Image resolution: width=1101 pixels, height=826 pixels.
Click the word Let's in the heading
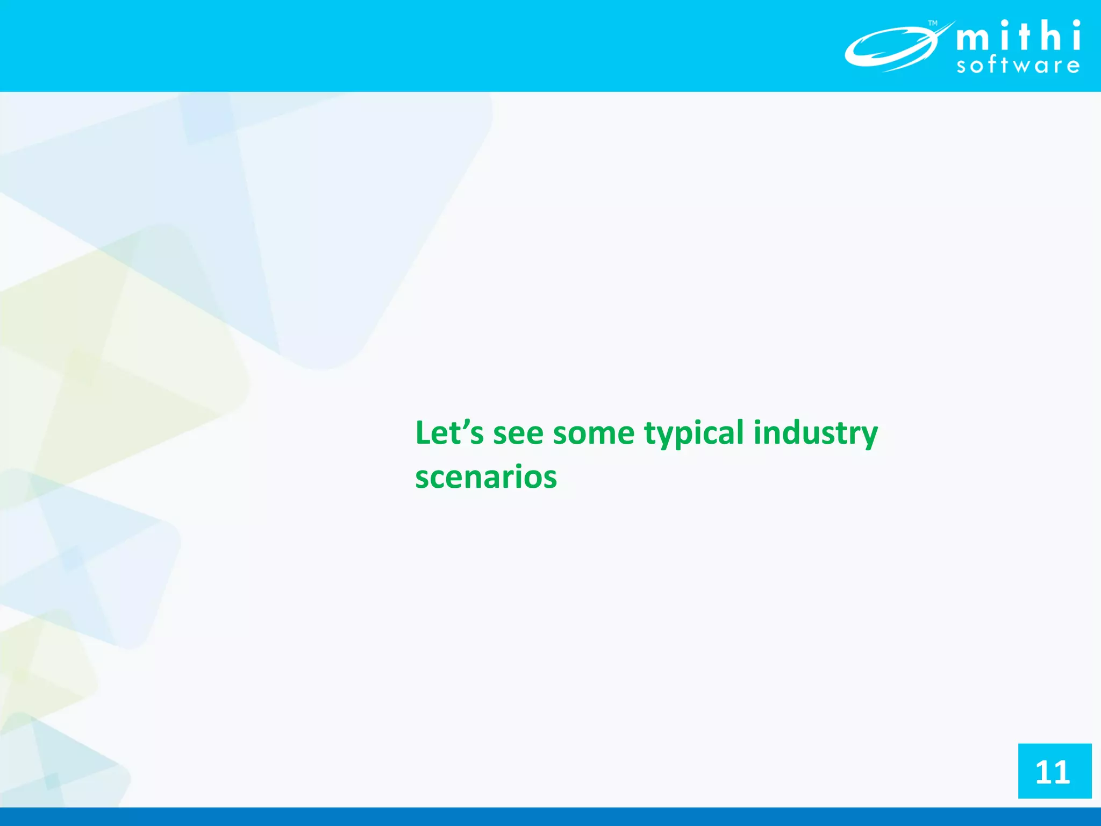coord(449,433)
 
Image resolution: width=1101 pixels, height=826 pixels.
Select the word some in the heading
coord(594,434)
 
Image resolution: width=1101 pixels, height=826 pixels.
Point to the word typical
coord(694,434)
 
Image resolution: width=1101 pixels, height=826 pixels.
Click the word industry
coord(815,434)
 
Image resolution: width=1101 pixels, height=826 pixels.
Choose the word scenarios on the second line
coord(486,478)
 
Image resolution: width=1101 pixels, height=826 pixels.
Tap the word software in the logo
coord(1018,66)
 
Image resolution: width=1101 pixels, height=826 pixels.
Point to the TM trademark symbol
coord(933,23)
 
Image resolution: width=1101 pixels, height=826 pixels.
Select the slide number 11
coord(1054,772)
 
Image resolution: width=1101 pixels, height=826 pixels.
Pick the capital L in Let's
coord(423,433)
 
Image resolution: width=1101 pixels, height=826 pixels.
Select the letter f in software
coord(991,65)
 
